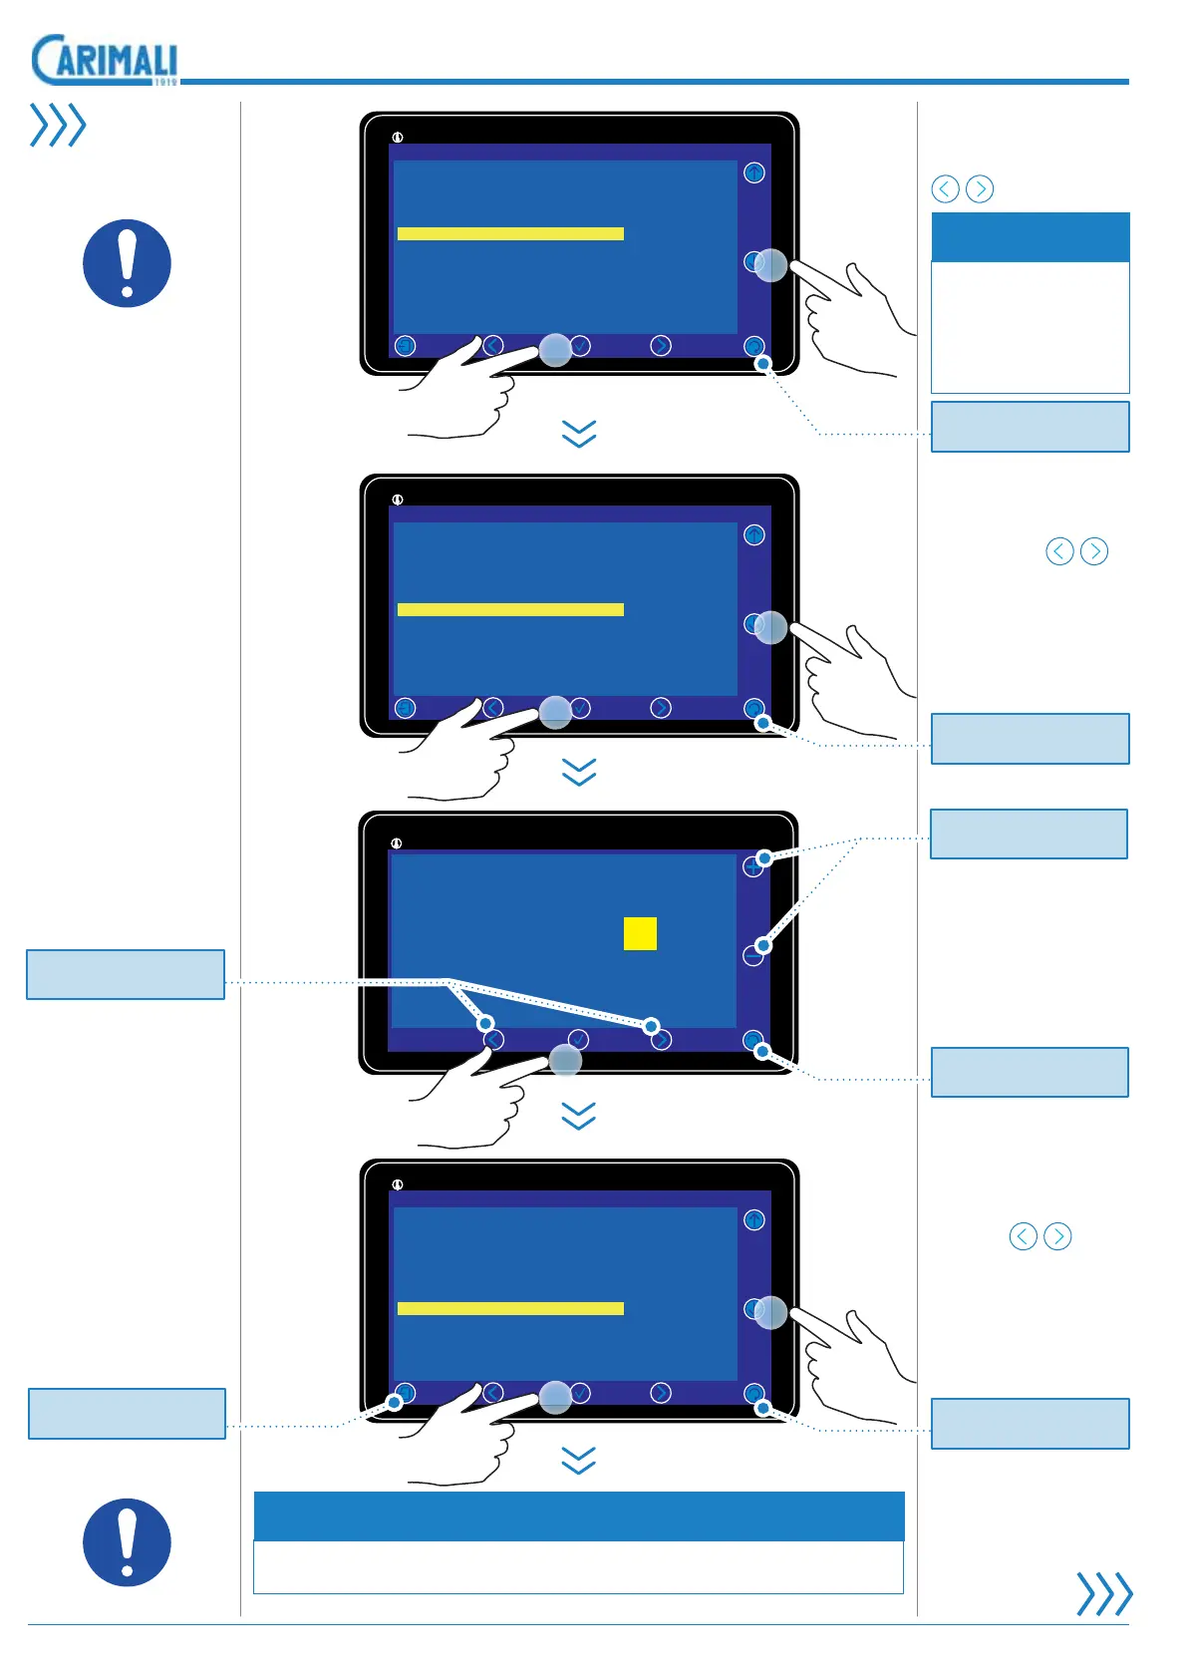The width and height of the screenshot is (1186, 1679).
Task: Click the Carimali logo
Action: tap(104, 60)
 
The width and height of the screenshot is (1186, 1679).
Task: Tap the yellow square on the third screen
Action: tap(640, 933)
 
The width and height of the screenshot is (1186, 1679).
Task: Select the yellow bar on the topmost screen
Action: tap(510, 233)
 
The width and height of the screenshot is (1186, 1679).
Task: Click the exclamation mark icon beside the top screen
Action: tap(127, 263)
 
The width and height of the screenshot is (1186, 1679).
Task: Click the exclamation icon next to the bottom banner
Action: tap(127, 1541)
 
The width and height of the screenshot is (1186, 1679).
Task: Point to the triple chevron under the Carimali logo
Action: tap(58, 125)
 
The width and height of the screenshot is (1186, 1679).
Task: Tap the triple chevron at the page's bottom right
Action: tap(1104, 1593)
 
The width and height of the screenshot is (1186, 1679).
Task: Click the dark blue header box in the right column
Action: tap(1030, 237)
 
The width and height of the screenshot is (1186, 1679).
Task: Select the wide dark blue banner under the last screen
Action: tap(579, 1516)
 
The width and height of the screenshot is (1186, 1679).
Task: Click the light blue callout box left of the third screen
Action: tap(126, 974)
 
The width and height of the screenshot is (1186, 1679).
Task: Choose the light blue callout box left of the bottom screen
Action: tap(127, 1413)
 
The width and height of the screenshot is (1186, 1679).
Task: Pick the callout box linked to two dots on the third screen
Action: tap(1029, 834)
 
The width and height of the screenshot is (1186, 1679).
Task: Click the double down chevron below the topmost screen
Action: tap(579, 434)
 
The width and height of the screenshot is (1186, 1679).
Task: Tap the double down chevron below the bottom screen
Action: tap(579, 1461)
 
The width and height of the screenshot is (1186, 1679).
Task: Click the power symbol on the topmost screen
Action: tap(398, 138)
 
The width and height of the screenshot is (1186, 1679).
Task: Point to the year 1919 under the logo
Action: tap(165, 82)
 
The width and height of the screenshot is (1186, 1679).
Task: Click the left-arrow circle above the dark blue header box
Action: tap(945, 188)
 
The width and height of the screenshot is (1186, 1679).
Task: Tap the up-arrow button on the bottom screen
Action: tap(754, 1220)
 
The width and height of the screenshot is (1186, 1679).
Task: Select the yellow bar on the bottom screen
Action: tap(510, 1308)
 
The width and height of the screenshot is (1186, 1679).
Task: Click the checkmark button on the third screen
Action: tap(578, 1040)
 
